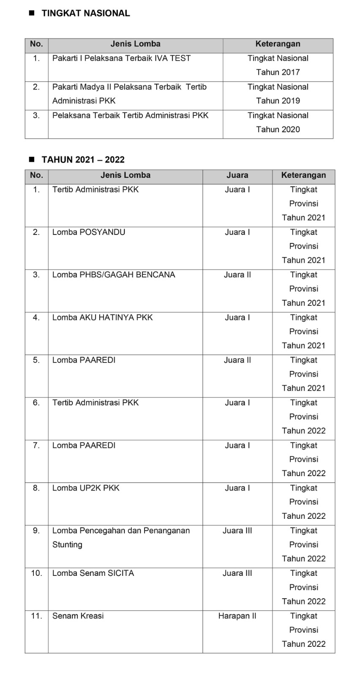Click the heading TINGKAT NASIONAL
pyautogui.click(x=86, y=13)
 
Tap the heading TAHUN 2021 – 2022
pyautogui.click(x=83, y=160)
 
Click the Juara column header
pyautogui.click(x=237, y=175)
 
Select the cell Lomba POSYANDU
pyautogui.click(x=89, y=232)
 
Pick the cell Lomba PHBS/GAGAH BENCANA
pyautogui.click(x=114, y=275)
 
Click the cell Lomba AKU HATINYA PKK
pyautogui.click(x=102, y=317)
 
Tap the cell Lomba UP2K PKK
pyautogui.click(x=86, y=488)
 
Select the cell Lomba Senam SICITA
pyautogui.click(x=93, y=573)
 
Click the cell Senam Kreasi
pyautogui.click(x=78, y=616)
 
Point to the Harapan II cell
pyautogui.click(x=237, y=616)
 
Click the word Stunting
pyautogui.click(x=67, y=545)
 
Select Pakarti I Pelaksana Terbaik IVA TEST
pyautogui.click(x=121, y=58)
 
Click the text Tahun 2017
pyautogui.click(x=278, y=72)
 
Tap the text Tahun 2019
pyautogui.click(x=278, y=101)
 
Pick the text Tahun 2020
pyautogui.click(x=278, y=129)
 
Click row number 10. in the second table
pyautogui.click(x=36, y=573)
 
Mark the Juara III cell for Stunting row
pyautogui.click(x=237, y=531)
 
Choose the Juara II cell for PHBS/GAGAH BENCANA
pyautogui.click(x=237, y=275)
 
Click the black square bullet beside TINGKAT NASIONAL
pyautogui.click(x=31, y=13)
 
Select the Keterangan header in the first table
pyautogui.click(x=278, y=44)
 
